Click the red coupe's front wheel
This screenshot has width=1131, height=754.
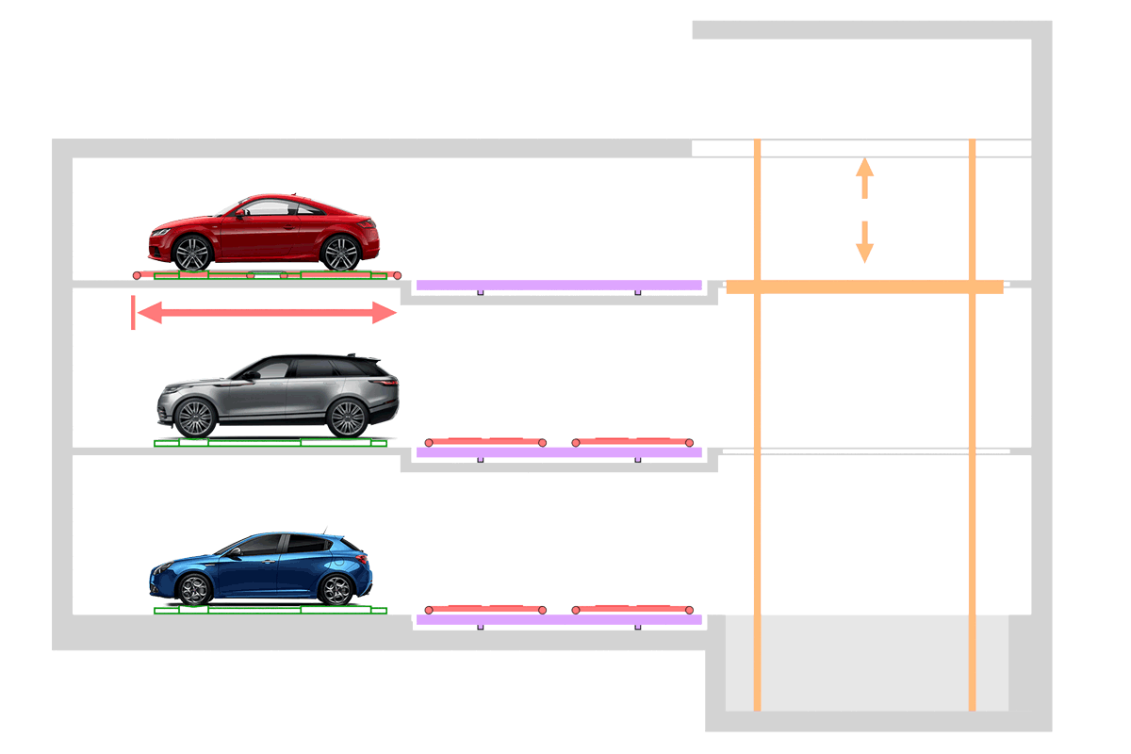(x=192, y=253)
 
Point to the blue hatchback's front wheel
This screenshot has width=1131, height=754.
(x=194, y=590)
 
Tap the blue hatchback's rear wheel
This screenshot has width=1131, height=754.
(x=336, y=589)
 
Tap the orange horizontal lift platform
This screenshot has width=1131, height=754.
(x=863, y=287)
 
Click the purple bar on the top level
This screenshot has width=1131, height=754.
(x=559, y=285)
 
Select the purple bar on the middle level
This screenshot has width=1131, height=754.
(x=559, y=452)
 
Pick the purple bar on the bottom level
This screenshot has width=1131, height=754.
(x=559, y=619)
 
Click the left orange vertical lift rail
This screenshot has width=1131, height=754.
(x=757, y=471)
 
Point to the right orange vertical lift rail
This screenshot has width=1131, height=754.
(x=973, y=471)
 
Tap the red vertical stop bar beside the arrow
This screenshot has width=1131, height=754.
(x=133, y=312)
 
